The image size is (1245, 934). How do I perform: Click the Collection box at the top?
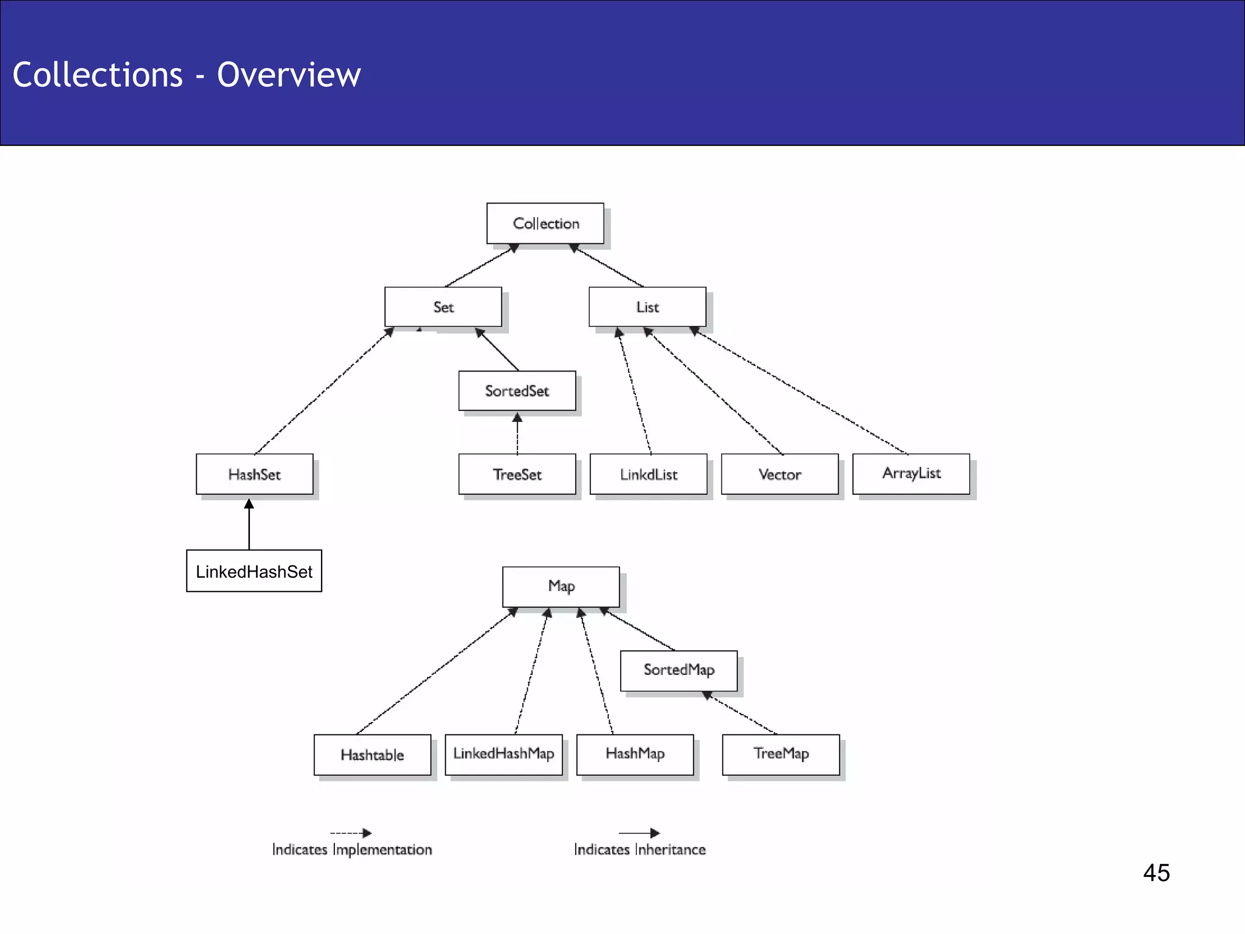545,223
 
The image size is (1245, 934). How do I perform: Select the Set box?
443,307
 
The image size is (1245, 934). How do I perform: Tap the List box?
647,307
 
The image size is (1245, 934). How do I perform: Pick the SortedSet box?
517,391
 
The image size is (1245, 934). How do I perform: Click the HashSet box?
254,474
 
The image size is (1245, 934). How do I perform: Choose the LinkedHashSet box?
254,571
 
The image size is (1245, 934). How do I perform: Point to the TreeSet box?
517,474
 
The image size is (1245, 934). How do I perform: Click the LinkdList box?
648,474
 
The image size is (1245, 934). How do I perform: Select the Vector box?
779,474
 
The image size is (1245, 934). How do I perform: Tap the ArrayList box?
911,473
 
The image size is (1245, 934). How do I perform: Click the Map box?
561,586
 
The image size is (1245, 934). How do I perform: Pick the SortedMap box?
678,670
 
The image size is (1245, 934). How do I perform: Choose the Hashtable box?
372,755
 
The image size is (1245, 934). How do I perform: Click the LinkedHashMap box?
503,754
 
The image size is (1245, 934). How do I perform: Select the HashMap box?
635,754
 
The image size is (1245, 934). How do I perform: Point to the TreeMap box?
781,754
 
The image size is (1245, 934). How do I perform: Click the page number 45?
1156,873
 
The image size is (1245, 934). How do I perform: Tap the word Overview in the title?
289,75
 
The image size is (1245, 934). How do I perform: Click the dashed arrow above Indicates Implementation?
351,833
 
